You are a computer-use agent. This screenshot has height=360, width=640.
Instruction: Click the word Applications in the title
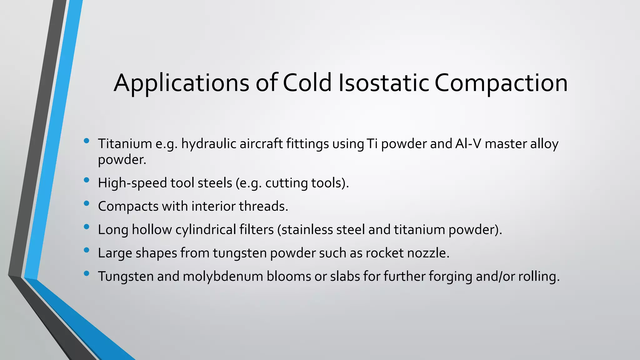[182, 83]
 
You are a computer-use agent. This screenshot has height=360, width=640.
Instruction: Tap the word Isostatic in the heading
[384, 83]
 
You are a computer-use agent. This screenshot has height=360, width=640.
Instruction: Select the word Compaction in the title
[501, 83]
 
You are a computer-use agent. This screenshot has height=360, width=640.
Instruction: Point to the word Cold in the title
[307, 83]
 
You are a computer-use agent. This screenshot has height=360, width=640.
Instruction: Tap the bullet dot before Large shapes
[87, 250]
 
